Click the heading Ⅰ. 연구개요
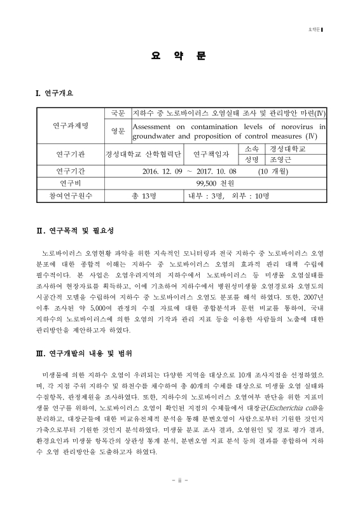click(x=54, y=94)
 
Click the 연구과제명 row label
click(x=71, y=125)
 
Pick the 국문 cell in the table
click(x=118, y=113)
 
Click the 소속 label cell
click(x=251, y=148)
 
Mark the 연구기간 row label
click(x=71, y=171)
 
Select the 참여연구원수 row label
click(x=71, y=195)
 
